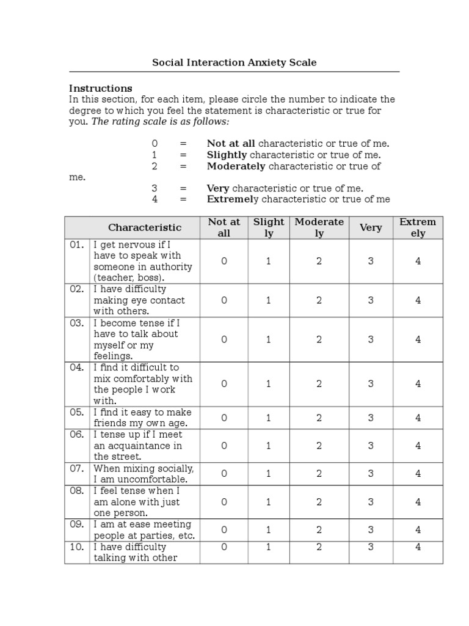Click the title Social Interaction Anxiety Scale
(234, 62)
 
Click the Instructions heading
(100, 88)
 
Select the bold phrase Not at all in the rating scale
(231, 144)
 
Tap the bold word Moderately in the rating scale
(236, 166)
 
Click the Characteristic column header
(145, 227)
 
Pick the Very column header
(370, 227)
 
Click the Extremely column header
(418, 227)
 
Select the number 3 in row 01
(370, 261)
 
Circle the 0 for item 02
(224, 300)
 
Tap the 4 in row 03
(418, 339)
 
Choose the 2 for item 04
(319, 384)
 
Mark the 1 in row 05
(268, 418)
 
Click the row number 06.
(76, 435)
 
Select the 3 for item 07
(370, 473)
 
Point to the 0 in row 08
(224, 502)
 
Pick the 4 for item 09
(418, 529)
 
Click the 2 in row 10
(319, 547)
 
